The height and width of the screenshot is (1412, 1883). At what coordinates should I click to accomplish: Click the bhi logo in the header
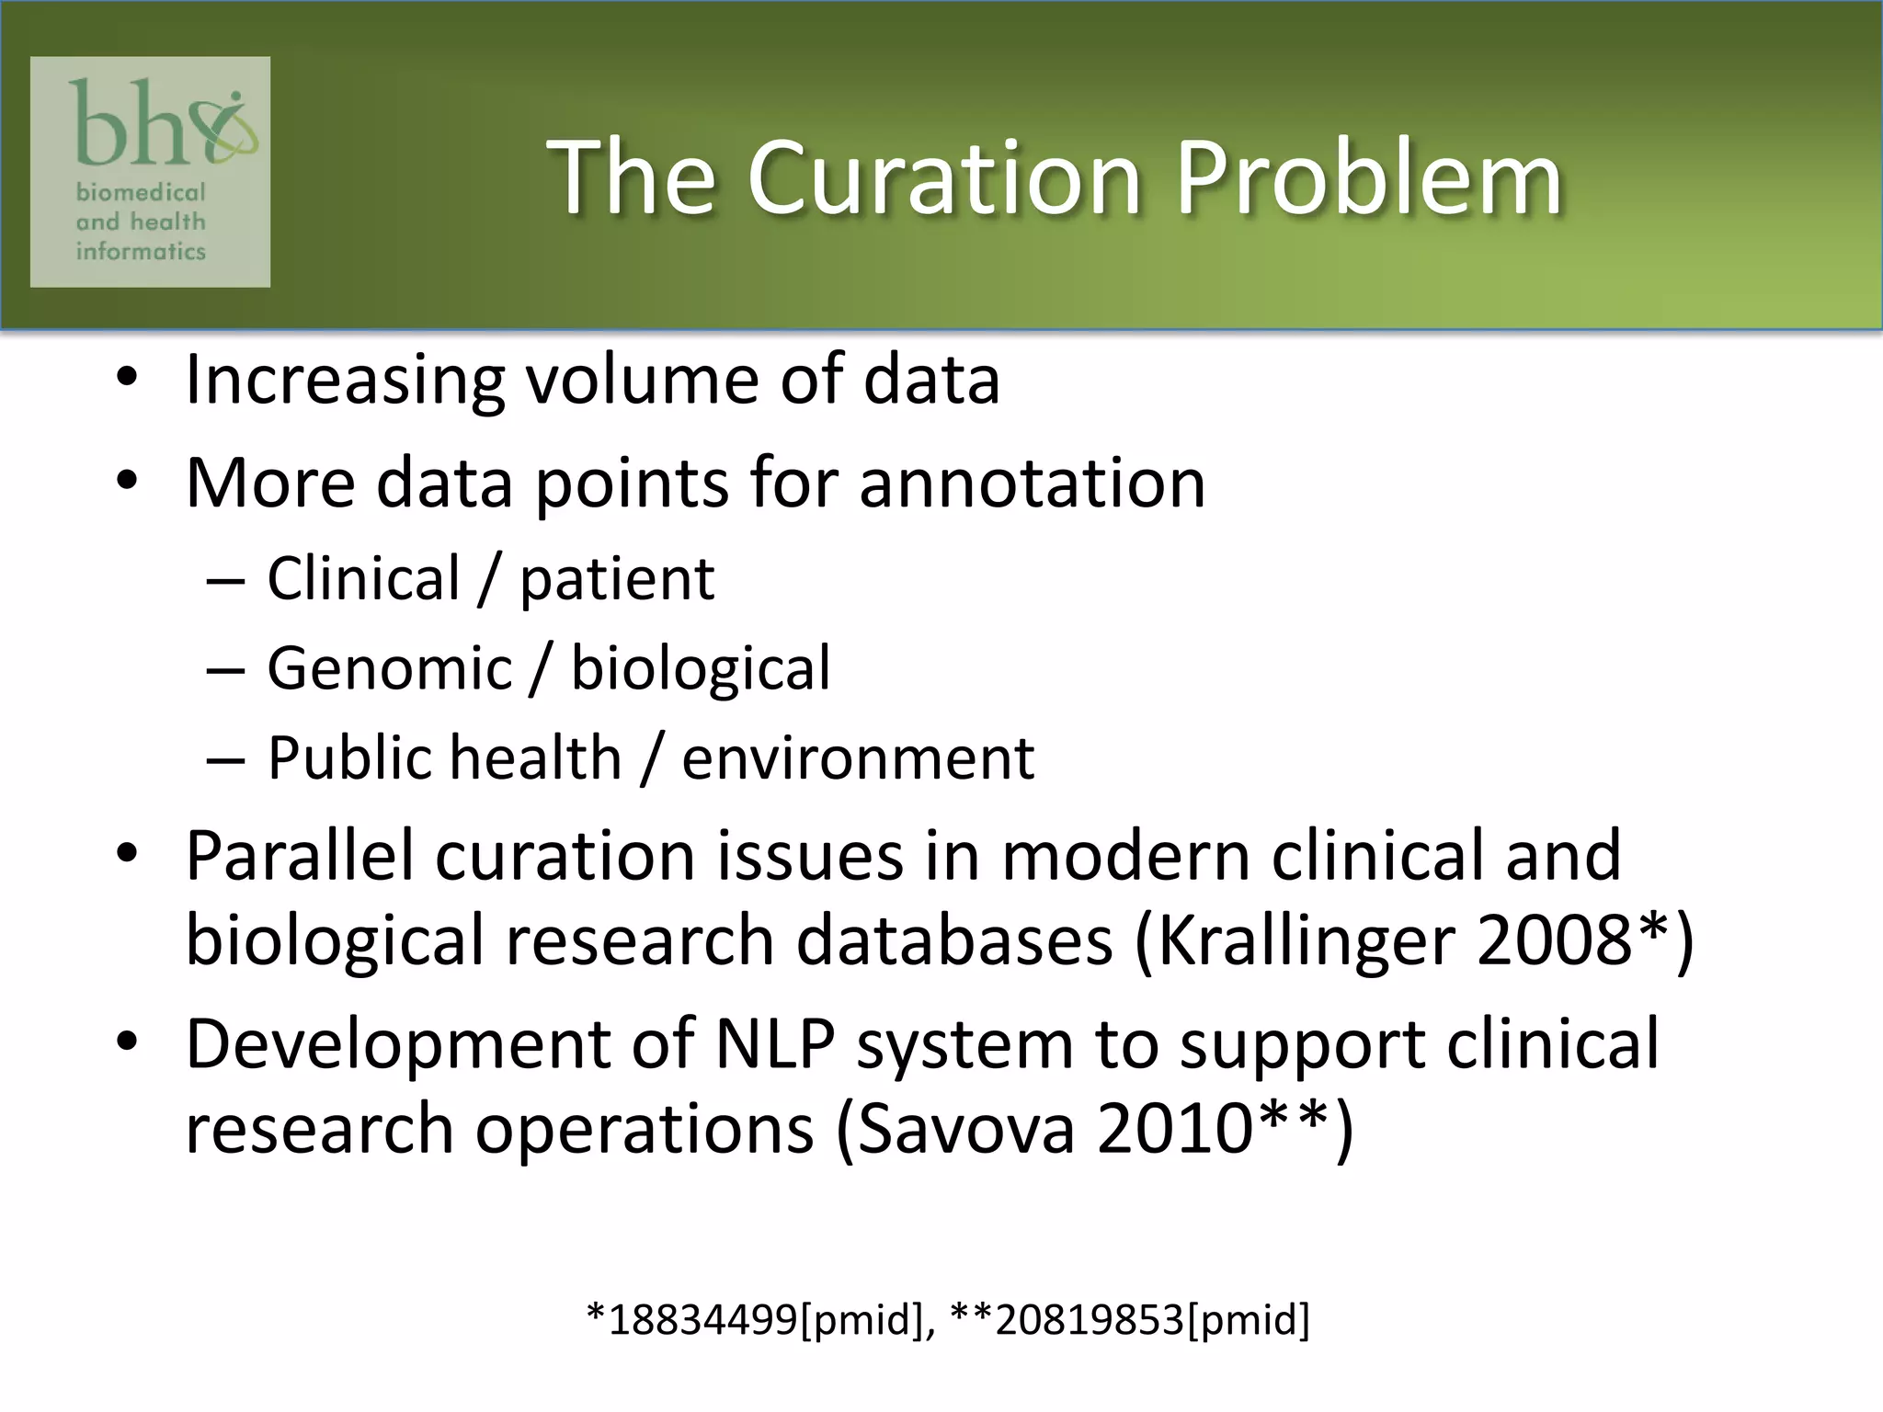[151, 172]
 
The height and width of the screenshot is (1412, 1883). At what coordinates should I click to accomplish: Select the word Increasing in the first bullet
[345, 381]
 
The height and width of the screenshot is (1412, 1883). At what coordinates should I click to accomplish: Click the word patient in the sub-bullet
[617, 580]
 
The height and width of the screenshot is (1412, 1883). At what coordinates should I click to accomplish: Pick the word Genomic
[389, 668]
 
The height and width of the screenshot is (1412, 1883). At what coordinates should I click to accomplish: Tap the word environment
[858, 758]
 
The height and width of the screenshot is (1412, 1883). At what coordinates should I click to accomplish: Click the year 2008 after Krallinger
[1554, 941]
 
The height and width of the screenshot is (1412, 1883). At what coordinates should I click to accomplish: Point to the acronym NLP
[775, 1044]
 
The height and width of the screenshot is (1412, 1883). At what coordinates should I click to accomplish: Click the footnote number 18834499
[703, 1320]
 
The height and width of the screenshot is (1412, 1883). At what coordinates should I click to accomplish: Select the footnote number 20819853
[1090, 1320]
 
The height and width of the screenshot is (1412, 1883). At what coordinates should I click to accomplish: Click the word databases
[954, 941]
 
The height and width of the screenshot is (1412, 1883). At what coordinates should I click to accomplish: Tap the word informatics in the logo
[141, 251]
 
